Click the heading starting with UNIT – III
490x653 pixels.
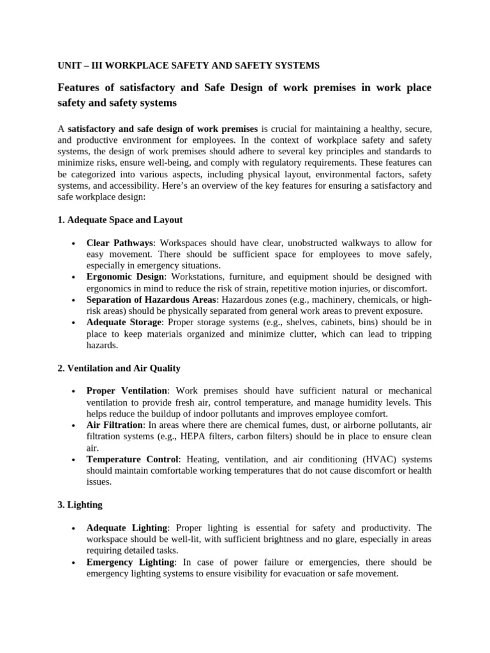188,66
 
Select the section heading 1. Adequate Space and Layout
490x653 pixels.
120,219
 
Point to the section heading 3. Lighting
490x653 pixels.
80,504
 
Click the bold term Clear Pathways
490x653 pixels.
121,243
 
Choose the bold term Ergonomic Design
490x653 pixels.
126,277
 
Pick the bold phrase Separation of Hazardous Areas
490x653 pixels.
152,300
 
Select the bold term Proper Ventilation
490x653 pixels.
127,390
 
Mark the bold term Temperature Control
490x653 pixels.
132,459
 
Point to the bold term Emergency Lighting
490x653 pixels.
130,562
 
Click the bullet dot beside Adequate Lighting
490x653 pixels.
75,528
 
